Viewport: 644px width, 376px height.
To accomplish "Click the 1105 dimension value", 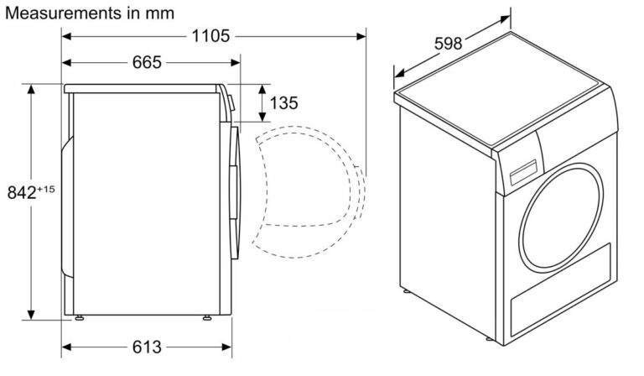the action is pos(210,36).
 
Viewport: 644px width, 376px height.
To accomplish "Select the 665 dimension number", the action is pos(147,62).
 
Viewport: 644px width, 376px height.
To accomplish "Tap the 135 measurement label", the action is pos(283,102).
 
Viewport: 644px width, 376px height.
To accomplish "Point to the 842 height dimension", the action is pos(22,192).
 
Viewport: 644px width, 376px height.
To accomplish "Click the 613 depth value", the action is pos(147,347).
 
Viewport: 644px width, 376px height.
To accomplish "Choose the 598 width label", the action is pos(448,43).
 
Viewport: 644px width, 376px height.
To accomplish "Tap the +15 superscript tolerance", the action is pos(46,190).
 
